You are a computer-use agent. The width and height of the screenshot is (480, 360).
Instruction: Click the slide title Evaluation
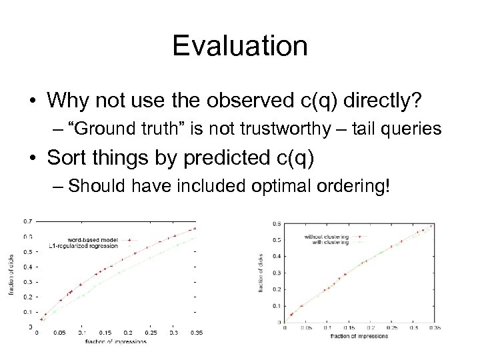(240, 47)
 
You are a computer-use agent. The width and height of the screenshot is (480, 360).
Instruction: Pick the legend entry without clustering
(326, 236)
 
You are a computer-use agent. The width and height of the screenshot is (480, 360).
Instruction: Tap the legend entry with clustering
(330, 242)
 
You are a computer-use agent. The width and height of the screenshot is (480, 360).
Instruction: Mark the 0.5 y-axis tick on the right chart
(277, 239)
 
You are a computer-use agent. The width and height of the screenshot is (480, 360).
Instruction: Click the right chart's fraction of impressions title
(359, 336)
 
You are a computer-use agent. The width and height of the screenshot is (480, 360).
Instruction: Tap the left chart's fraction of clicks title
(11, 275)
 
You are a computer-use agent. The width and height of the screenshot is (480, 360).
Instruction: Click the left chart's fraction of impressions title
(116, 341)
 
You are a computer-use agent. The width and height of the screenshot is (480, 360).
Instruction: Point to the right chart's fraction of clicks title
(261, 272)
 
